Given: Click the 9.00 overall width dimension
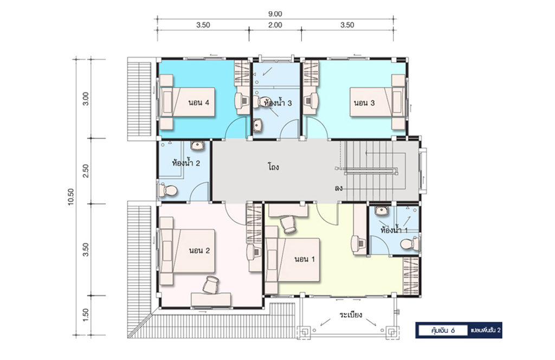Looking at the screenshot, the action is (275, 14).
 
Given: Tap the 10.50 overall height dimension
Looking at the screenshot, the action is (71, 197).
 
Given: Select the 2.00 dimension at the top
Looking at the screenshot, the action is (275, 25).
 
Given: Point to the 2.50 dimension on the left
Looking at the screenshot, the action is (85, 171).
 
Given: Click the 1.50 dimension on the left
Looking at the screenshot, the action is (85, 315).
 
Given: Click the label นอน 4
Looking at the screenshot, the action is (198, 102).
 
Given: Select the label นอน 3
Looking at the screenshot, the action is (364, 103).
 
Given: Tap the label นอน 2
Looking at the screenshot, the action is (199, 250).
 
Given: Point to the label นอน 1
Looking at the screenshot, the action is (305, 259).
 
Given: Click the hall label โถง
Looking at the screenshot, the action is (273, 166).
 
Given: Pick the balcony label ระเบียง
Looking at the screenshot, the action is (351, 314).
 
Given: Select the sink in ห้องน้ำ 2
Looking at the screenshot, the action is (197, 145).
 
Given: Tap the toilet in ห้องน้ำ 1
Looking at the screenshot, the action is (410, 244).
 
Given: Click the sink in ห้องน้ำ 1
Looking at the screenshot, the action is (381, 211).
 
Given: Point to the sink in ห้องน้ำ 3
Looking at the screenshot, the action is (257, 125).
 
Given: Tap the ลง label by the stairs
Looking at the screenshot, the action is (338, 188).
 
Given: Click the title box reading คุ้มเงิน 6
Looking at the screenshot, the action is (443, 331).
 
